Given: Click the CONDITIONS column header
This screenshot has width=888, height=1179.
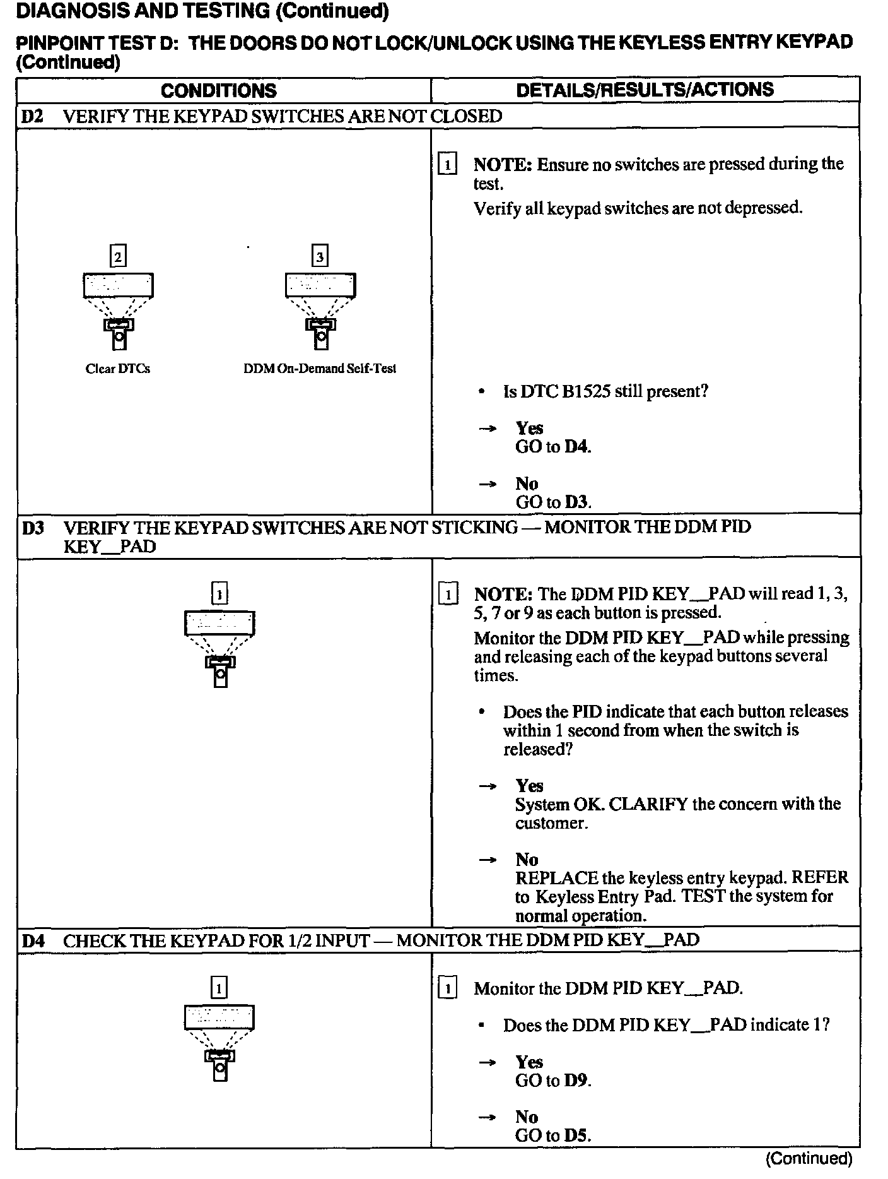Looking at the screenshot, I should [x=218, y=90].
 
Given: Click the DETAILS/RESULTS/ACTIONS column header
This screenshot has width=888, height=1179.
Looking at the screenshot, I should [x=645, y=90].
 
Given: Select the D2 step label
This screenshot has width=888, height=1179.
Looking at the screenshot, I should [x=32, y=116].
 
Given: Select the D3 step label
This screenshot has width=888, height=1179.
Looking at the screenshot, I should [x=33, y=528].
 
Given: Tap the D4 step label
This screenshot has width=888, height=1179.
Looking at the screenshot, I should [x=33, y=940].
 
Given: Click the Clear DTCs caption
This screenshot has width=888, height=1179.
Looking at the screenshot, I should [x=118, y=369].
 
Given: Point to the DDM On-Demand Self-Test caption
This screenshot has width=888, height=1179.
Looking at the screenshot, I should [x=320, y=369].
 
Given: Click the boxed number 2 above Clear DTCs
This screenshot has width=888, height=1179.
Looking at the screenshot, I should [x=118, y=257].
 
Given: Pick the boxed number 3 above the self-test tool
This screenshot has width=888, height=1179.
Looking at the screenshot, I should [x=320, y=257].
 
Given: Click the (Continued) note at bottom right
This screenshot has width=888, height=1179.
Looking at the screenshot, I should [x=809, y=1158].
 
